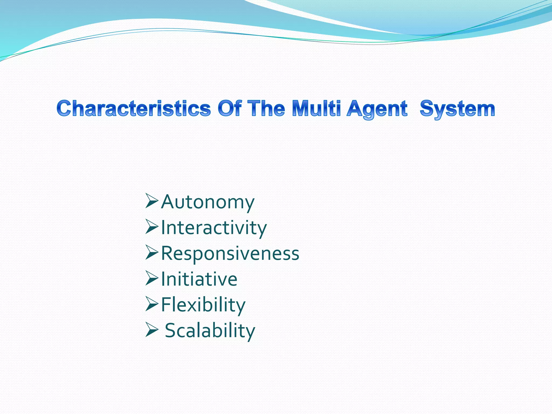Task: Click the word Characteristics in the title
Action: (134, 108)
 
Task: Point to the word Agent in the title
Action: (377, 109)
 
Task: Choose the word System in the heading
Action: (457, 109)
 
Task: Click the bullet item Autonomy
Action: (208, 202)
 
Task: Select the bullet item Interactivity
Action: (214, 228)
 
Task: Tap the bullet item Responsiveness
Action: (230, 254)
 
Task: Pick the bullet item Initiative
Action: (199, 279)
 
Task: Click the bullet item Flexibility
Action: (203, 305)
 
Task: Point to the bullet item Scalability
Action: (210, 331)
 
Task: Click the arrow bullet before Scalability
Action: (151, 330)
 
